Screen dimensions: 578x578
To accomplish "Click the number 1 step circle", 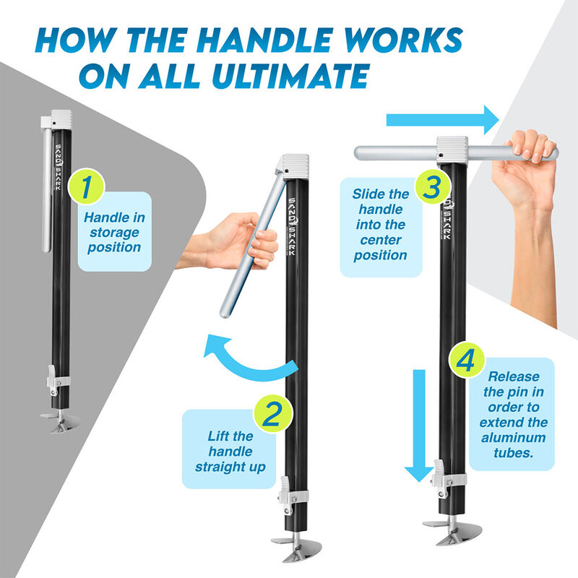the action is pyautogui.click(x=86, y=186).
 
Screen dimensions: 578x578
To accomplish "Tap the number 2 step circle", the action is pyautogui.click(x=273, y=414).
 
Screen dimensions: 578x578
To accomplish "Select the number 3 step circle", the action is pyautogui.click(x=432, y=186).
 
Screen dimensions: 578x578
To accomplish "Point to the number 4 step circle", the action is pyautogui.click(x=466, y=360).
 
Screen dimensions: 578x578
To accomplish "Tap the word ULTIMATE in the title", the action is pyautogui.click(x=291, y=76).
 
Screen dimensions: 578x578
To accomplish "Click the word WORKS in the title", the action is pyautogui.click(x=402, y=40).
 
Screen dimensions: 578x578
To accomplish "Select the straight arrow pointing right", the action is pyautogui.click(x=442, y=120).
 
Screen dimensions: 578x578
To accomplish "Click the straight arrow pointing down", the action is pyautogui.click(x=419, y=426).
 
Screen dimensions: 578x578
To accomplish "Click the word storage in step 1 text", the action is pyautogui.click(x=114, y=233).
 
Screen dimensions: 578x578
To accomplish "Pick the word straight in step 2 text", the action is pyautogui.click(x=221, y=467).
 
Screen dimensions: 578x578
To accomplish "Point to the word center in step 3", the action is pyautogui.click(x=381, y=240).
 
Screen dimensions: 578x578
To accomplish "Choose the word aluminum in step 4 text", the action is pyautogui.click(x=513, y=438).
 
